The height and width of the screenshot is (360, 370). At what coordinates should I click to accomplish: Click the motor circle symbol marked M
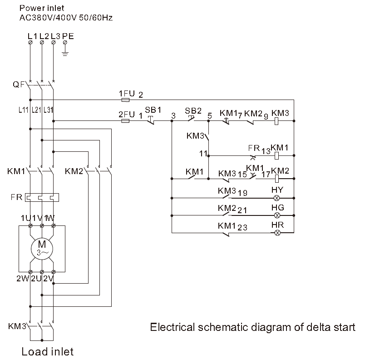click(42, 248)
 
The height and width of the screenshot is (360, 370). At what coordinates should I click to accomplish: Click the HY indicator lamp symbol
click(277, 198)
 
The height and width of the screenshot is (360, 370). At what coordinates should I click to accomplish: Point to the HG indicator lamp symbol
click(277, 215)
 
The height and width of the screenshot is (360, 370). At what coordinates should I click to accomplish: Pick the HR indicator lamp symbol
click(277, 233)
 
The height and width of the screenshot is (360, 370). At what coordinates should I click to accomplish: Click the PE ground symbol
click(65, 53)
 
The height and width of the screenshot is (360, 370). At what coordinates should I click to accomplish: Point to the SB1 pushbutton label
click(153, 110)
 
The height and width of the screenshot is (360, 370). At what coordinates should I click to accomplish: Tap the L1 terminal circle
click(30, 42)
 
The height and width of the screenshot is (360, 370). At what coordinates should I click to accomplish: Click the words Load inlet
click(47, 351)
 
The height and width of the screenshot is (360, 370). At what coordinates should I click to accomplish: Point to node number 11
click(203, 154)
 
